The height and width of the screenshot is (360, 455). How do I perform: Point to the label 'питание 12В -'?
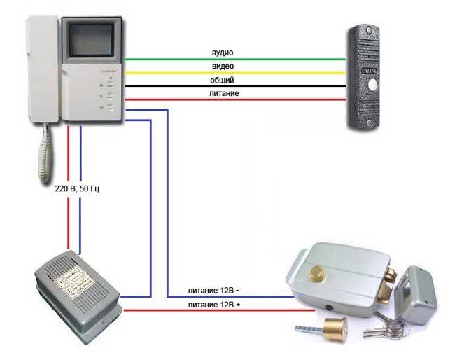coord(218,291)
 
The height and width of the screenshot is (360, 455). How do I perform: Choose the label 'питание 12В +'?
coord(218,304)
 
